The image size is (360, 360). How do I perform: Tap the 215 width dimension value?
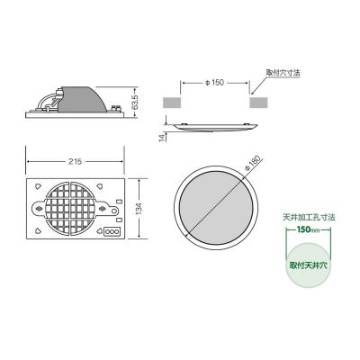75,161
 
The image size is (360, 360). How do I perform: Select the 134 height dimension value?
139,208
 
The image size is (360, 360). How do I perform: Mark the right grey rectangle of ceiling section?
256,103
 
